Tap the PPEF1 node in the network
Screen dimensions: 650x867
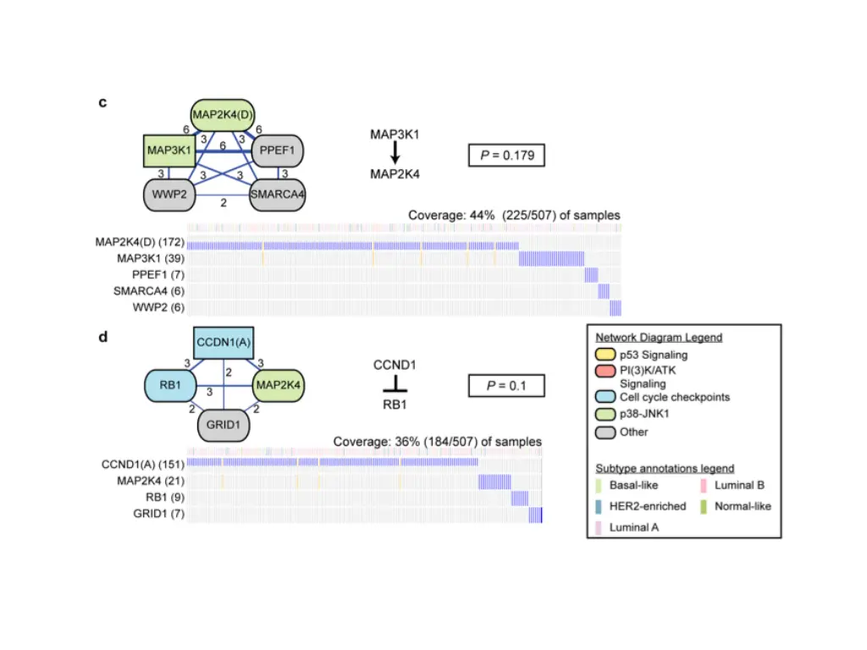coord(278,151)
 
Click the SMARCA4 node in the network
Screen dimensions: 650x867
coord(277,194)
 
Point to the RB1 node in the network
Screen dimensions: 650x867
coord(171,385)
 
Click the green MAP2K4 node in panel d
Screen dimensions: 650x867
coord(278,385)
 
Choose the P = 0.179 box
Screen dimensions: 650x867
coord(505,155)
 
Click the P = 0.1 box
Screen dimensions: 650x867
coord(505,386)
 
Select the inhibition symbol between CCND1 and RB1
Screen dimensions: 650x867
coord(395,385)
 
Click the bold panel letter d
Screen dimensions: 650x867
coord(102,337)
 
